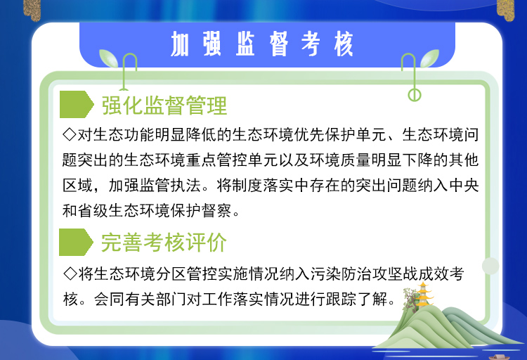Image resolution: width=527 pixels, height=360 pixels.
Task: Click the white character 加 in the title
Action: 180,44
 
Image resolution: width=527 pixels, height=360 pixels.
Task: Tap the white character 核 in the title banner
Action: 344,44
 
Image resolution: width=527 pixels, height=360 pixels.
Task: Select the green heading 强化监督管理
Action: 164,105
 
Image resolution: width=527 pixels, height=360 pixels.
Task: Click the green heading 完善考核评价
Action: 164,243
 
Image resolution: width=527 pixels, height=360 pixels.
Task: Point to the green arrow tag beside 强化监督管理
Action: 77,104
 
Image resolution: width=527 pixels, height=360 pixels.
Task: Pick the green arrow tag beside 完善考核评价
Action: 76,242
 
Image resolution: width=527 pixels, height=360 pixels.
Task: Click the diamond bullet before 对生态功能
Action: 70,134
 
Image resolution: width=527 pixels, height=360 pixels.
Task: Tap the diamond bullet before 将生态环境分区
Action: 70,274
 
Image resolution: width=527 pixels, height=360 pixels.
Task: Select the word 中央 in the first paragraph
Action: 464,186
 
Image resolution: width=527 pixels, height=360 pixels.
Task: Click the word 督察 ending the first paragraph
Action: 217,211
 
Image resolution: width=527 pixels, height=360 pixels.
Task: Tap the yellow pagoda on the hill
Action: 423,295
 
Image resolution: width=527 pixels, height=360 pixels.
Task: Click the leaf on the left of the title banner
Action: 108,58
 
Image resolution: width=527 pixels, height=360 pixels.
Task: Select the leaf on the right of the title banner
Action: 429,58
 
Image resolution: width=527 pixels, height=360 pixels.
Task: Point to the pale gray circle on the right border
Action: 490,266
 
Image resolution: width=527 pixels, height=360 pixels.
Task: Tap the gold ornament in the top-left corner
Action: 32,8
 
